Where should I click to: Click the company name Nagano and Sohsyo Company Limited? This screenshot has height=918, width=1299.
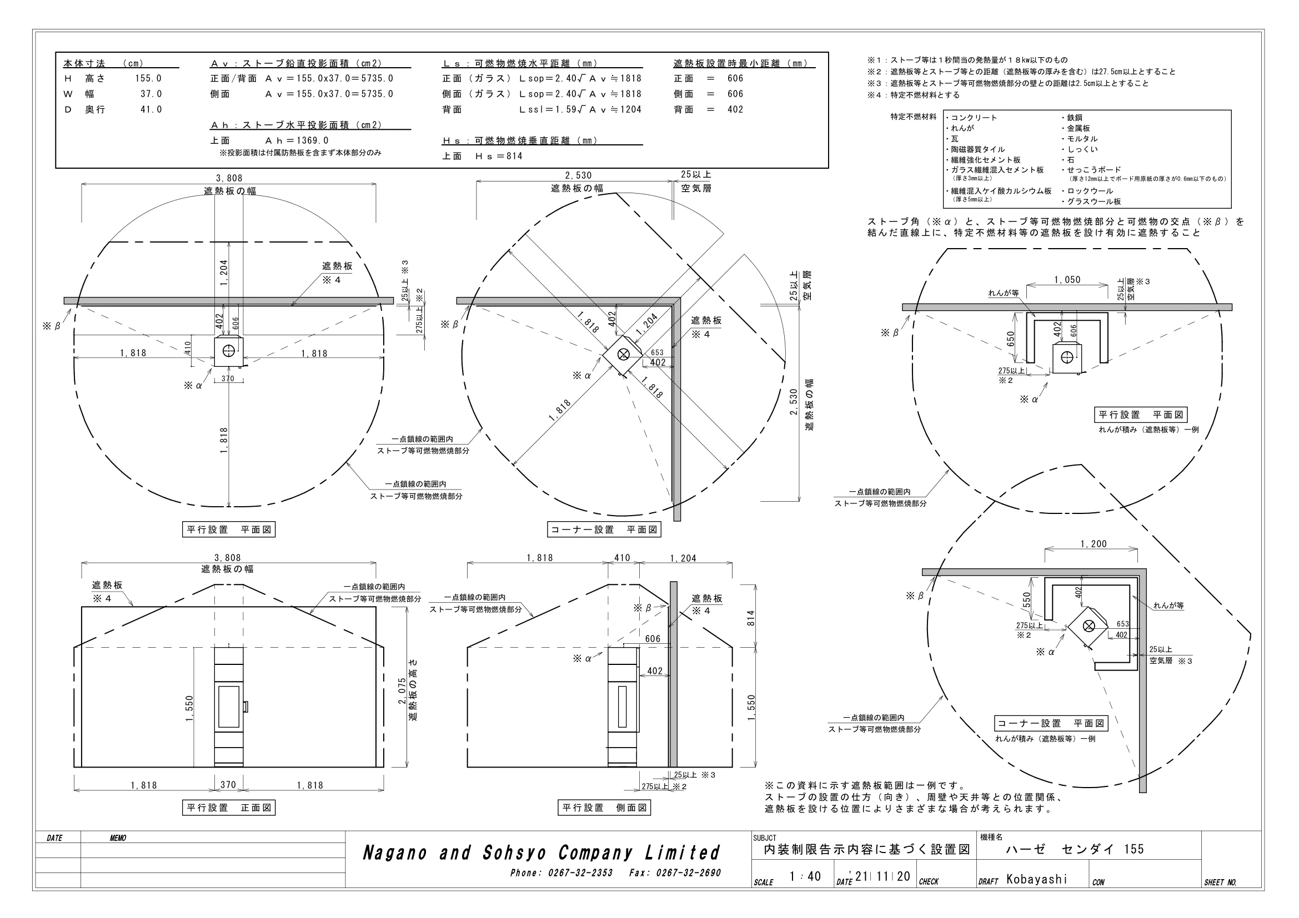(541, 853)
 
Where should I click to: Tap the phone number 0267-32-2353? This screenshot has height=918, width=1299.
(580, 874)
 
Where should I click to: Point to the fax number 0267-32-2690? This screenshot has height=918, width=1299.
(689, 874)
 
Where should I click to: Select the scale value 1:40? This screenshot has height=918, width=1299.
(805, 877)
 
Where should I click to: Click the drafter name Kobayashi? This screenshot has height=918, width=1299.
(1037, 879)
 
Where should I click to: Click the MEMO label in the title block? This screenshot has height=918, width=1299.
(118, 838)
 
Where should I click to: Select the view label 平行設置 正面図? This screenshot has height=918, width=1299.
(229, 808)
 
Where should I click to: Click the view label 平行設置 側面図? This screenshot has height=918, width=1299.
(604, 808)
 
